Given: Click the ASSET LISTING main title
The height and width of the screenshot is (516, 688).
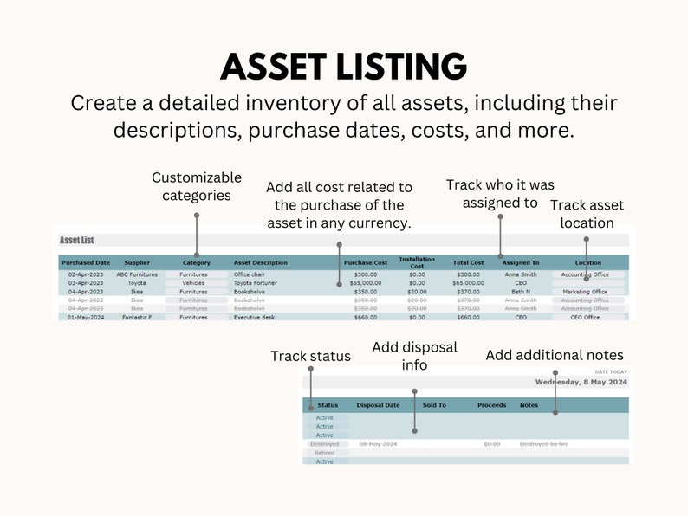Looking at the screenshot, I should click(343, 67).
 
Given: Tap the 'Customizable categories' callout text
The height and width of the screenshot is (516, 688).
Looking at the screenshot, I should click(197, 186).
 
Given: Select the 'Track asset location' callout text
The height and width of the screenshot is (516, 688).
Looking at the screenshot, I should click(587, 214).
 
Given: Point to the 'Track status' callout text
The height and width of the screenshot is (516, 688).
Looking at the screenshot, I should click(310, 356).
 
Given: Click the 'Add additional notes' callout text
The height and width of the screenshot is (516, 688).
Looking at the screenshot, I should click(554, 355).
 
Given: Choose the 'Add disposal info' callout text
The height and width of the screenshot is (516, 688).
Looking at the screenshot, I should click(414, 356).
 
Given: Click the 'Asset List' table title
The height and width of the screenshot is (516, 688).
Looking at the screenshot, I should click(77, 240).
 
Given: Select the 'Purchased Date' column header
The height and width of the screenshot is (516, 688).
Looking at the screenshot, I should click(86, 262).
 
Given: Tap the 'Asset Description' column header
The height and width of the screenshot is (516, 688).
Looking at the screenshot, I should click(261, 262).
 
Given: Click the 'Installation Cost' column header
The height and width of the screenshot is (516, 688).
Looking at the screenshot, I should click(417, 261).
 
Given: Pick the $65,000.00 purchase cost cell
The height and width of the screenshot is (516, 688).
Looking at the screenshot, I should click(365, 283).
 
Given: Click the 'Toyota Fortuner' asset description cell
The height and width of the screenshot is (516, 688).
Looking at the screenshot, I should click(256, 283).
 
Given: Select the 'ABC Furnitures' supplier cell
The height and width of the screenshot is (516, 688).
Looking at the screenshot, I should click(137, 274).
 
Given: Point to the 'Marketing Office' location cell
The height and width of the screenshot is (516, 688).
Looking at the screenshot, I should click(585, 292).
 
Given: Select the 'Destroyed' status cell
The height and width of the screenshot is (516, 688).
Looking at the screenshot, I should click(324, 444).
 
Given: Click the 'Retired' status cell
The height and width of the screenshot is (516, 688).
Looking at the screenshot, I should click(324, 453).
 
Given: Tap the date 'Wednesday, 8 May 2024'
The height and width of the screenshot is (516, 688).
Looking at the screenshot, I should click(581, 382).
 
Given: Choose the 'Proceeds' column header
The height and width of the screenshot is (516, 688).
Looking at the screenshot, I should click(491, 405).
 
